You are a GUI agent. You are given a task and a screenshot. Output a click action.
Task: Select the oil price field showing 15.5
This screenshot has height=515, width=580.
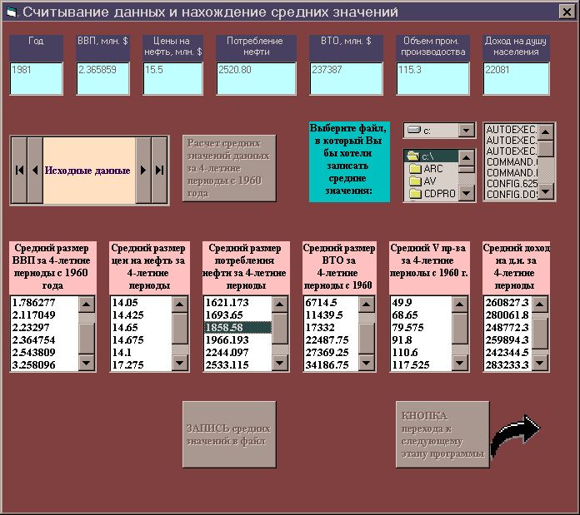(172, 78)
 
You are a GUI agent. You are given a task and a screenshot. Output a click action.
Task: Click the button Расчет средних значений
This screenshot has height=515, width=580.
(228, 168)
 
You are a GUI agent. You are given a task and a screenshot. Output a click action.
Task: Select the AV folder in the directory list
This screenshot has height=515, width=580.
(433, 181)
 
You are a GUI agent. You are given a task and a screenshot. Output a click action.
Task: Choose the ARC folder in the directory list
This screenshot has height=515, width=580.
(433, 168)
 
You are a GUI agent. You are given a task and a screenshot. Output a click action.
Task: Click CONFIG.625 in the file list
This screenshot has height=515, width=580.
(511, 181)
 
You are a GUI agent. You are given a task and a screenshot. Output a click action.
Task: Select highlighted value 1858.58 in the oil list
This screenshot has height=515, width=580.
(237, 328)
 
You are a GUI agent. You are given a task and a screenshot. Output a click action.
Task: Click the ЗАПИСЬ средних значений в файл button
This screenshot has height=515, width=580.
(228, 434)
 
